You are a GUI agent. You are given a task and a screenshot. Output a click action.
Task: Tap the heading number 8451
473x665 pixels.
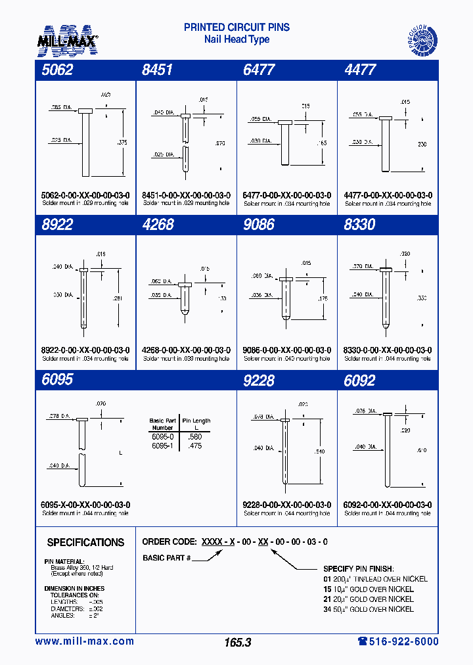[157, 70]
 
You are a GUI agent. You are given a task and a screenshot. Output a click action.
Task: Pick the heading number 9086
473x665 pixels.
[258, 225]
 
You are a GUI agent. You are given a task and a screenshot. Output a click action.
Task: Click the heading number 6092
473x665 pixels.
[359, 380]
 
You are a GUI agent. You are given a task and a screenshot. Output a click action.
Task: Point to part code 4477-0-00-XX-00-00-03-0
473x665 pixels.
[388, 195]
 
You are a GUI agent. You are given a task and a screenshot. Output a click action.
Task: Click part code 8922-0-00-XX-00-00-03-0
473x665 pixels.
[85, 350]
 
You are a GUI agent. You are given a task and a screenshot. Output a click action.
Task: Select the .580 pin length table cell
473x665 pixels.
[195, 436]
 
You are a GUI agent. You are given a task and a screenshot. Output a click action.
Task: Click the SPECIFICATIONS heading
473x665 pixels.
[85, 543]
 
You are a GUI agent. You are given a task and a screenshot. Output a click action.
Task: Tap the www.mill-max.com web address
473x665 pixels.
[84, 641]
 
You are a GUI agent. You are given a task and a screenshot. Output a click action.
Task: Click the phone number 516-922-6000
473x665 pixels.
[398, 641]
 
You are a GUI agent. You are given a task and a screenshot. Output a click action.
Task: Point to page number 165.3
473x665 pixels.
[237, 643]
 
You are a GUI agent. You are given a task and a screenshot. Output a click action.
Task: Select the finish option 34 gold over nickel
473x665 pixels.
[369, 609]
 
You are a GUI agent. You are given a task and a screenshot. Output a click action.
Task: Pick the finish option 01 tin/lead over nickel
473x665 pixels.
[375, 579]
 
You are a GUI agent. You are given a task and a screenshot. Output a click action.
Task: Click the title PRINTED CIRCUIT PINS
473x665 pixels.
[236, 28]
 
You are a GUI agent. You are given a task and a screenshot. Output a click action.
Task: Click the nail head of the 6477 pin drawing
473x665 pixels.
[285, 122]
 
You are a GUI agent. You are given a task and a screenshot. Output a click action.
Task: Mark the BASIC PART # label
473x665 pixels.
[166, 558]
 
